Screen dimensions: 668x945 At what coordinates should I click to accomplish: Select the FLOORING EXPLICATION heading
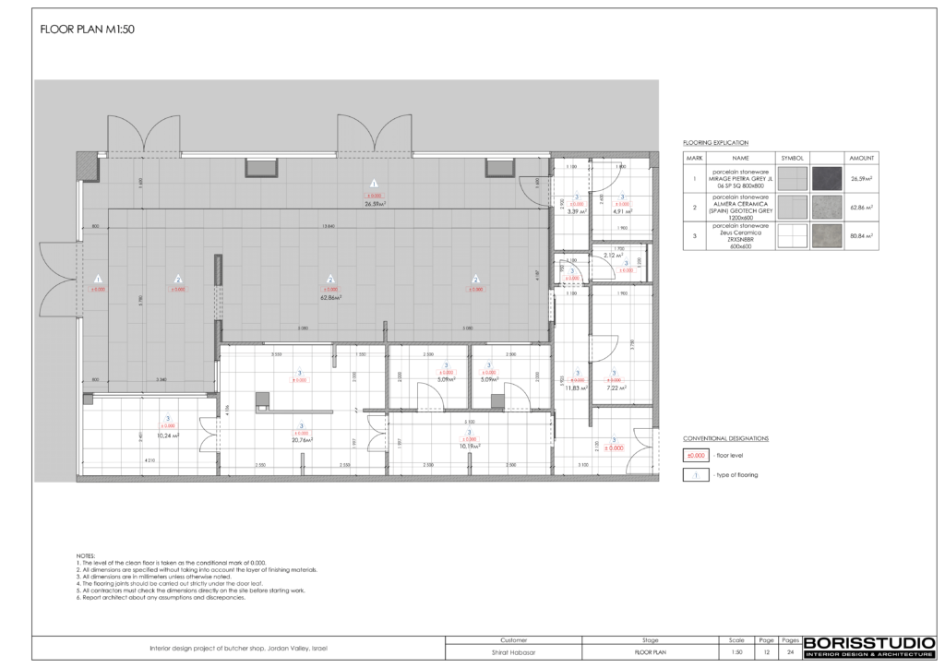click(x=714, y=144)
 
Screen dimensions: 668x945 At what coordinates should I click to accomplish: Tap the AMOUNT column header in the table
click(x=861, y=158)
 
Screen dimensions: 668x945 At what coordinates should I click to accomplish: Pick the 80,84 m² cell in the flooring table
click(x=861, y=236)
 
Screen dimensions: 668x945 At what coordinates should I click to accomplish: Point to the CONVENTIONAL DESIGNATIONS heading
click(x=725, y=438)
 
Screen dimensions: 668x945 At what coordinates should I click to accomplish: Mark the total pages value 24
click(x=790, y=650)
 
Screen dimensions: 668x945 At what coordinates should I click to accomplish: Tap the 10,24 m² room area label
click(x=167, y=435)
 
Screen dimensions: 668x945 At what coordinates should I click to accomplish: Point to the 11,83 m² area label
click(x=577, y=388)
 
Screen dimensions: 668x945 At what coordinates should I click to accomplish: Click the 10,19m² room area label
click(x=469, y=447)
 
